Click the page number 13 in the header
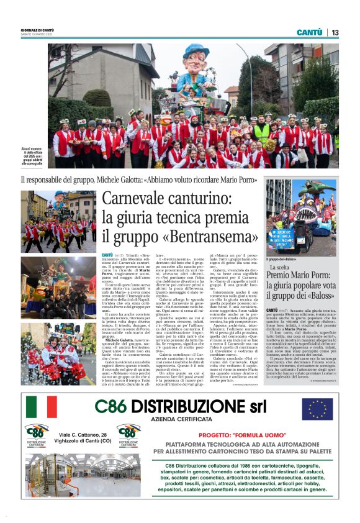pyautogui.click(x=335, y=32)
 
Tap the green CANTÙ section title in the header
pyautogui.click(x=309, y=32)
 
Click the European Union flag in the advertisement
pyautogui.click(x=317, y=408)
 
